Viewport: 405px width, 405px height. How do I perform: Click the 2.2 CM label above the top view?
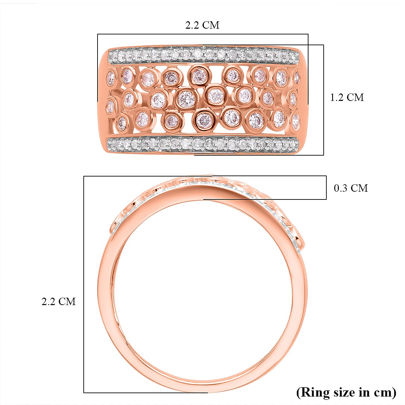(202, 25)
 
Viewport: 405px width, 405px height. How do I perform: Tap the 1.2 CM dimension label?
(347, 97)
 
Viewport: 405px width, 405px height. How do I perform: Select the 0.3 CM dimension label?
(351, 188)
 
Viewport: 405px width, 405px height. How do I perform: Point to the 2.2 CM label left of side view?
(58, 301)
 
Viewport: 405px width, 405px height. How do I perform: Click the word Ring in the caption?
(313, 392)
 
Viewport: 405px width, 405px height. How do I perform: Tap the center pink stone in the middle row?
(186, 98)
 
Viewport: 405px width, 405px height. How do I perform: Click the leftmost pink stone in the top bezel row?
(111, 78)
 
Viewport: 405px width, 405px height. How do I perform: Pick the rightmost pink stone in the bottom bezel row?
(296, 122)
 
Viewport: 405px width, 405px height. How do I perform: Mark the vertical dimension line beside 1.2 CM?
(324, 100)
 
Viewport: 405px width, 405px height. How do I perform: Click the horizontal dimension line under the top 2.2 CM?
(202, 34)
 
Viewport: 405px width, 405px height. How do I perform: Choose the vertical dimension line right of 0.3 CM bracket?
(326, 187)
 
